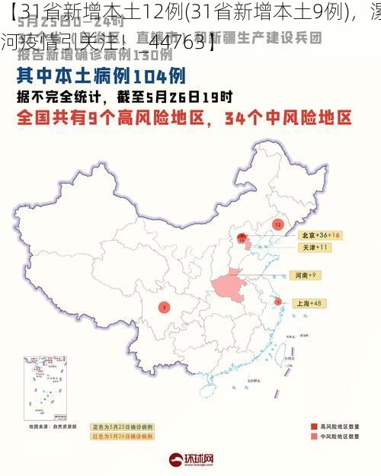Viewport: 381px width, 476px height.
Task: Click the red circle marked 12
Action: click(277, 225)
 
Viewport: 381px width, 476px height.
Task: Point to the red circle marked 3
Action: click(163, 307)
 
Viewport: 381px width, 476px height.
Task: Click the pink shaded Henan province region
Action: click(230, 286)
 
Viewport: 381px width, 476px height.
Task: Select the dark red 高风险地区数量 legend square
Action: click(313, 426)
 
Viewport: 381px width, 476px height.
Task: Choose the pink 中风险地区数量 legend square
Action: click(313, 437)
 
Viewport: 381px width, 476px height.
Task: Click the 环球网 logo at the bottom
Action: click(190, 459)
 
